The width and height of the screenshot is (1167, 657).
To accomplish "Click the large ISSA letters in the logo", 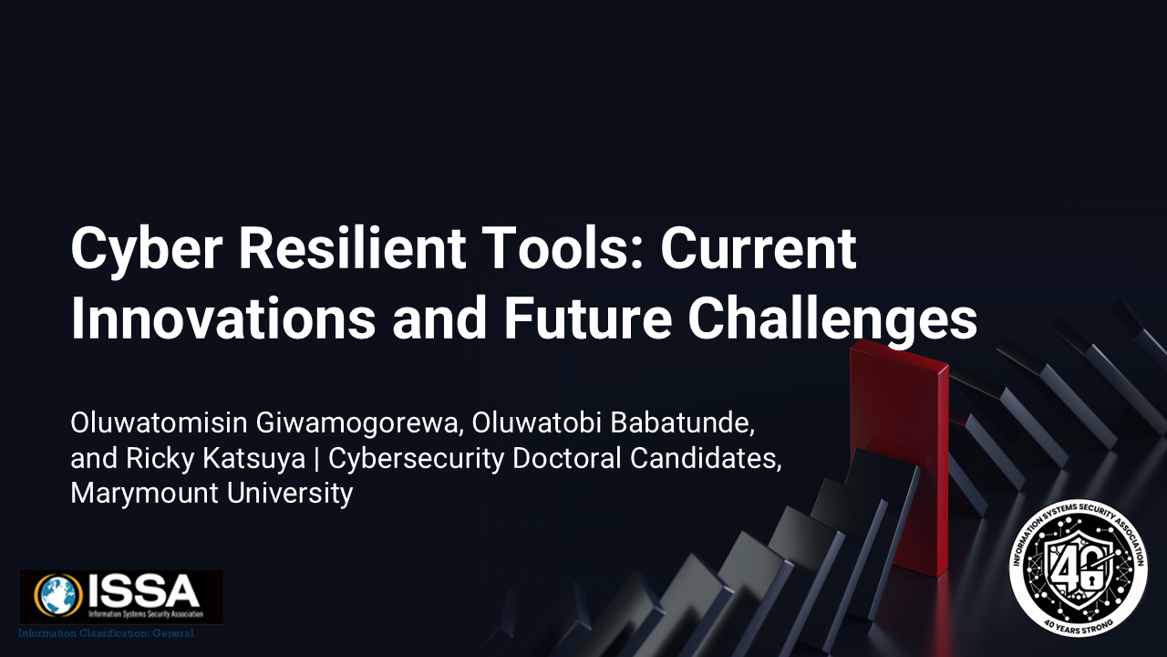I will [143, 590].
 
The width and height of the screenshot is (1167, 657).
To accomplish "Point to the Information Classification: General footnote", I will [107, 633].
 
